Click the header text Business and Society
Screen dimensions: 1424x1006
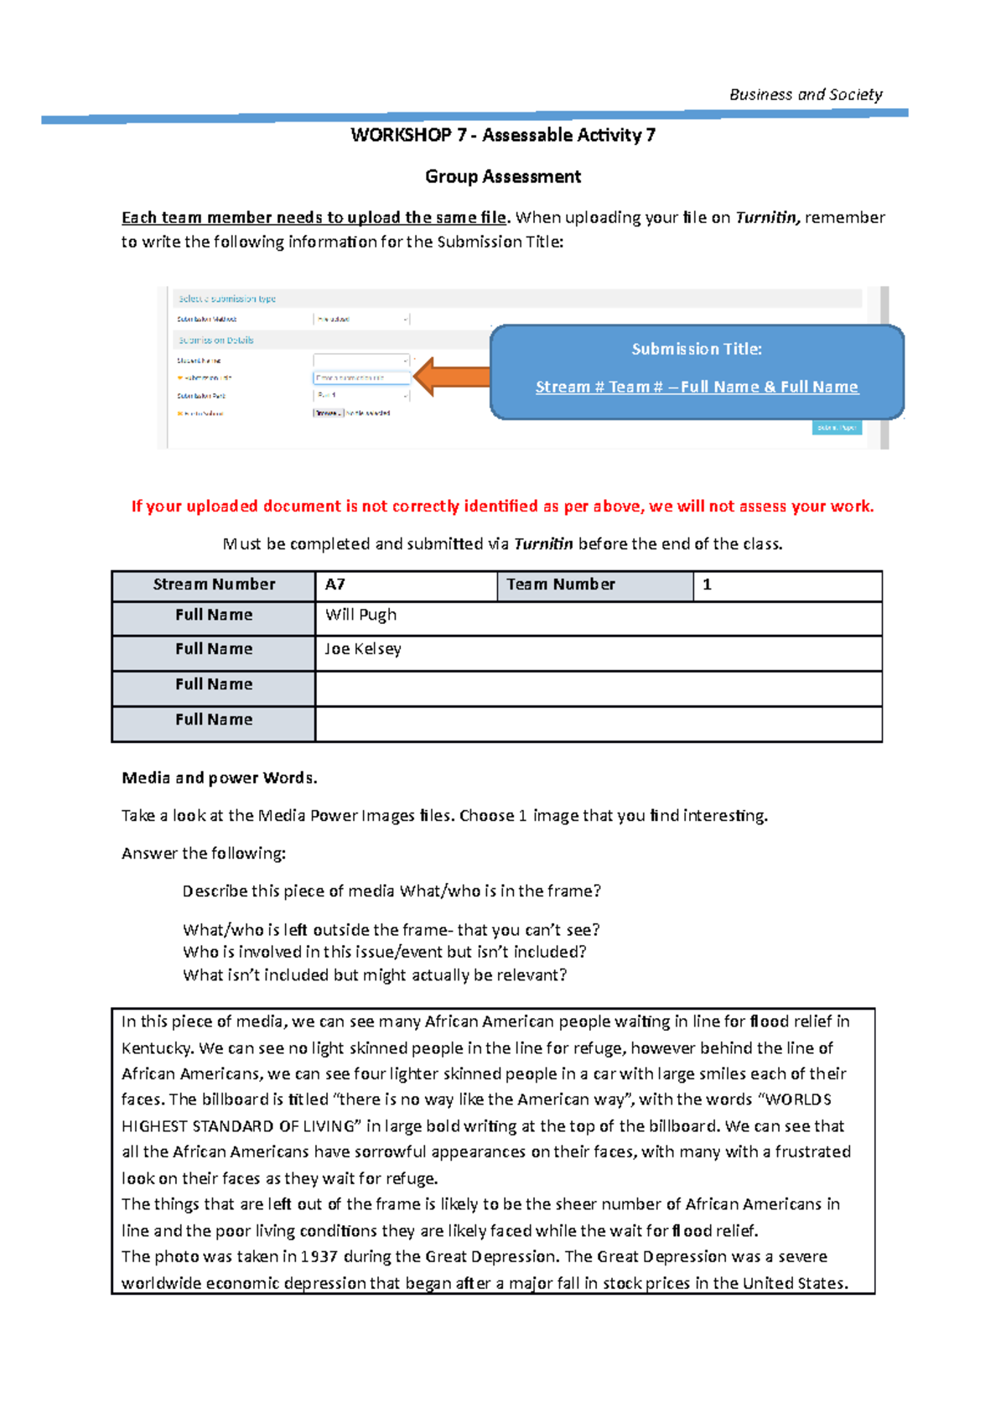[x=805, y=95]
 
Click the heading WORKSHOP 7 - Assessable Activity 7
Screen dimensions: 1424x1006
[x=503, y=135]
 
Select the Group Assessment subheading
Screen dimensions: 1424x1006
[x=503, y=177]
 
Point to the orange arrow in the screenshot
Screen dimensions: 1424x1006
[x=451, y=377]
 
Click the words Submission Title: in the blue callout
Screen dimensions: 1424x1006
[x=697, y=349]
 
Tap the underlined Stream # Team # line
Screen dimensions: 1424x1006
[x=697, y=387]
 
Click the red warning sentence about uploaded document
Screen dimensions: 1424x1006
[x=503, y=507]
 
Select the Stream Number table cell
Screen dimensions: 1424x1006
[x=214, y=585]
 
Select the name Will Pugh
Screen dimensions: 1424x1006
[x=360, y=615]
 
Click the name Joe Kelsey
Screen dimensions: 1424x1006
[x=363, y=649]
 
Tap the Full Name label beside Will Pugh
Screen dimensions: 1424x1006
[x=214, y=615]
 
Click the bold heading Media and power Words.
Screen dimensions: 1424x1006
[x=220, y=778]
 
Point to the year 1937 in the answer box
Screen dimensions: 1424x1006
[x=319, y=1257]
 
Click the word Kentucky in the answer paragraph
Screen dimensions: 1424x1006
[x=157, y=1048]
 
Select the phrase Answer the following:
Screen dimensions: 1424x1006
[x=204, y=854]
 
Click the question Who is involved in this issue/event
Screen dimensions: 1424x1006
[x=384, y=953]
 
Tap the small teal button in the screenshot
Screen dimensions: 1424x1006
[x=837, y=428]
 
